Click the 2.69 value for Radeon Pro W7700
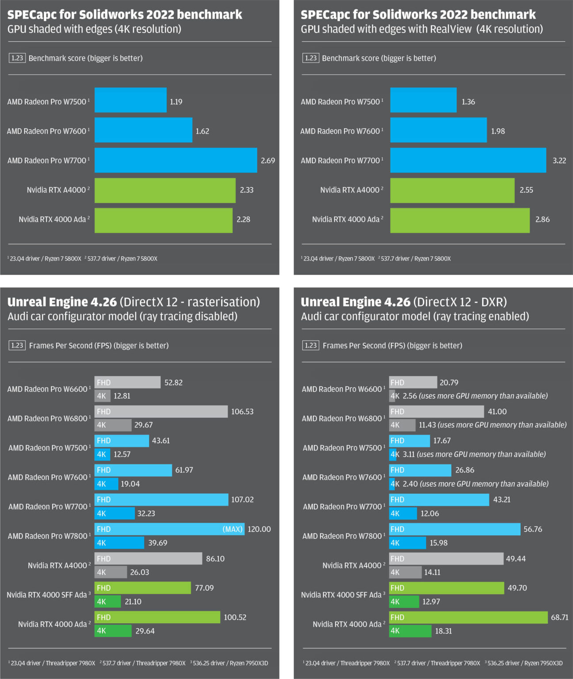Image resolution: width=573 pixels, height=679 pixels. pos(267,160)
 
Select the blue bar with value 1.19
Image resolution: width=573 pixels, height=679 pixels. pos(130,100)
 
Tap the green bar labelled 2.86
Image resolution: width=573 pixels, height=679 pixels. pos(460,220)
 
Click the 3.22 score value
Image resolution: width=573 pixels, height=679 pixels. pos(559,160)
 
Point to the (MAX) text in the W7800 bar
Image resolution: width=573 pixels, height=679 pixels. pos(233,529)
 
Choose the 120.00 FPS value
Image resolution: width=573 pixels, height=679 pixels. pos(259,529)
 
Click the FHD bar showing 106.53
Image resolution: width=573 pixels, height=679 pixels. pos(161,412)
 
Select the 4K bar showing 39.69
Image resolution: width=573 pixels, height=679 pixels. pos(119,543)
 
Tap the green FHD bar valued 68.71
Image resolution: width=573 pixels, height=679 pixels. pos(468,617)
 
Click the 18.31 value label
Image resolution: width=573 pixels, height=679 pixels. pos(443,631)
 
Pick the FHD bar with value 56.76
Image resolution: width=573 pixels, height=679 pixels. pos(455,529)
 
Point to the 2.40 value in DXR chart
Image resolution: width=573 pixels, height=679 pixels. pos(410,484)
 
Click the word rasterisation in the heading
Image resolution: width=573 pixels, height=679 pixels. pos(223,302)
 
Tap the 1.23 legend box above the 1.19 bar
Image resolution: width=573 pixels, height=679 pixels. pos(17,58)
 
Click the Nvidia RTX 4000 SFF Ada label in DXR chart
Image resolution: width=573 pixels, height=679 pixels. pos(341,595)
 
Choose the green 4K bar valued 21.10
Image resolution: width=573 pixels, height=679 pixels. pos(107,602)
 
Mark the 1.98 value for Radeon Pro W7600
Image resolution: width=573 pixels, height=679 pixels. pos(497,131)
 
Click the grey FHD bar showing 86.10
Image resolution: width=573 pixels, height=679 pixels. pos(148,559)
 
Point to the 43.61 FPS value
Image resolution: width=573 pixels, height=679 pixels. pos(160,441)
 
